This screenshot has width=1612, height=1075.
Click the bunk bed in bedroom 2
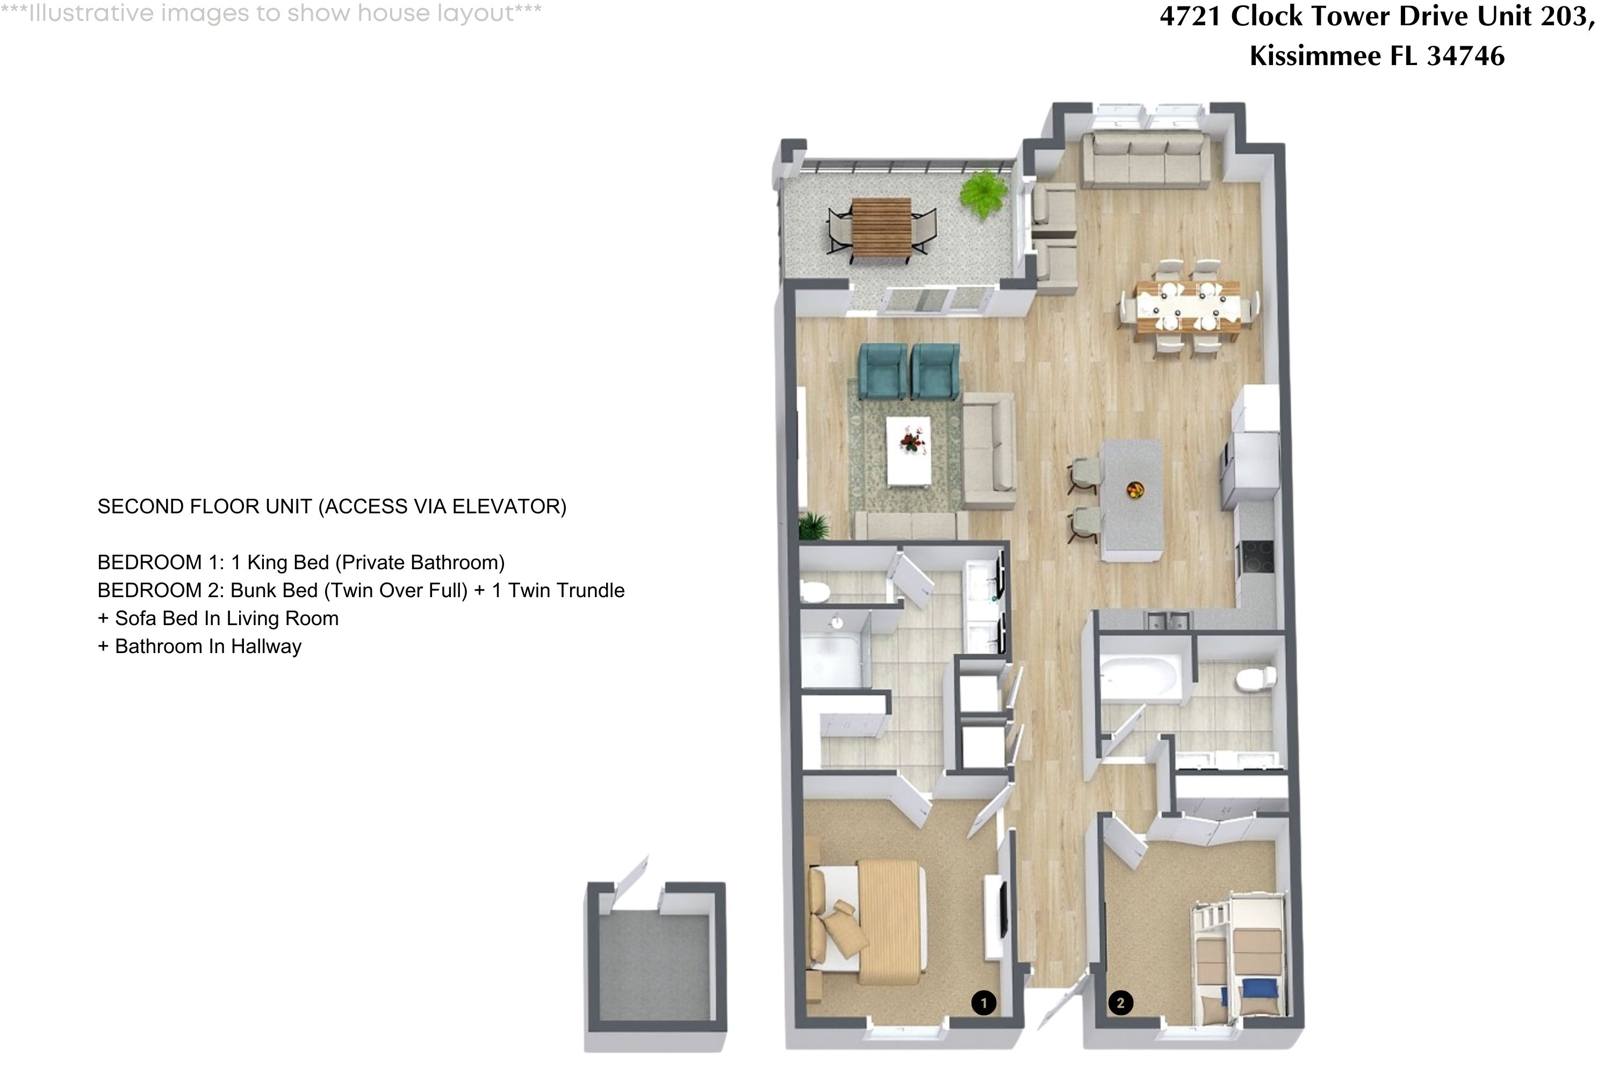(x=1239, y=958)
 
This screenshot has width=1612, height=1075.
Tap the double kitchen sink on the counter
(x=1169, y=621)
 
